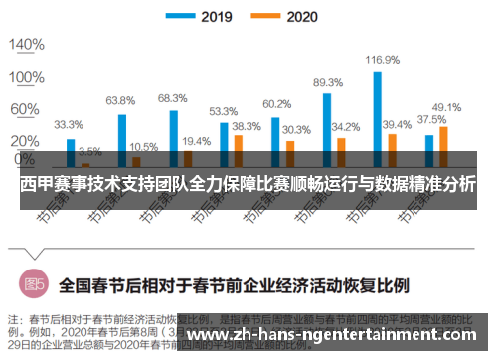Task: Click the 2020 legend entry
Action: (x=297, y=16)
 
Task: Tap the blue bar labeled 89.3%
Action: (x=327, y=129)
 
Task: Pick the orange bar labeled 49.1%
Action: (x=443, y=145)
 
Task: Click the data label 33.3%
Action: (x=69, y=125)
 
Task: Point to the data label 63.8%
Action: (x=120, y=100)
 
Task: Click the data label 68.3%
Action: (x=172, y=97)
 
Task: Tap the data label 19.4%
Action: (x=196, y=141)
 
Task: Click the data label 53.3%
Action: (x=223, y=111)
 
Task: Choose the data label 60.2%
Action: (x=275, y=104)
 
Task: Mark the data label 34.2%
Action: (x=346, y=127)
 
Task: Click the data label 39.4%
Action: (x=398, y=124)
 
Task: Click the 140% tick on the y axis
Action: (x=26, y=45)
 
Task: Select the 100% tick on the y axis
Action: (x=26, y=78)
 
